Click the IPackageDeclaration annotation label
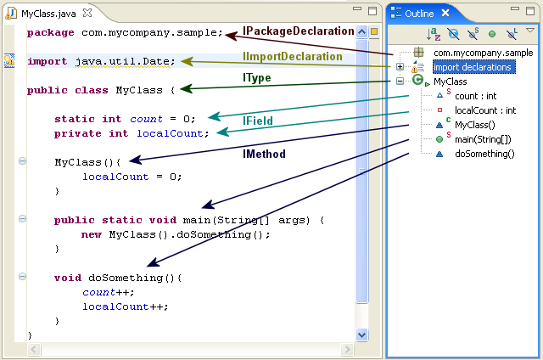pyautogui.click(x=298, y=31)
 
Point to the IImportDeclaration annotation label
pyautogui.click(x=292, y=57)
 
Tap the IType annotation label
pyautogui.click(x=256, y=78)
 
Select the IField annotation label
pyautogui.click(x=258, y=121)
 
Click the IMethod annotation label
pyautogui.click(x=264, y=154)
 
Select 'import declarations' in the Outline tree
pyautogui.click(x=473, y=67)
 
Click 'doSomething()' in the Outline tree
pyautogui.click(x=484, y=154)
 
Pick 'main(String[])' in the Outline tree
pyautogui.click(x=483, y=139)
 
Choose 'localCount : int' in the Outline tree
pyautogui.click(x=485, y=110)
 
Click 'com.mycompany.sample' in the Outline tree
pyautogui.click(x=483, y=53)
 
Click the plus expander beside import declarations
pyautogui.click(x=400, y=66)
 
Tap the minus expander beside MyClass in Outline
pyautogui.click(x=400, y=81)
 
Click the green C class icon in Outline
pyautogui.click(x=418, y=80)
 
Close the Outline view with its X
pyautogui.click(x=445, y=14)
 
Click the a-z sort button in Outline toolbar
pyautogui.click(x=434, y=34)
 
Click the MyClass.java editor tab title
pyautogui.click(x=48, y=14)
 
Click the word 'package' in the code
pyautogui.click(x=51, y=33)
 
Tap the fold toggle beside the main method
pyautogui.click(x=22, y=219)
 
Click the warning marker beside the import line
pyautogui.click(x=9, y=60)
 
